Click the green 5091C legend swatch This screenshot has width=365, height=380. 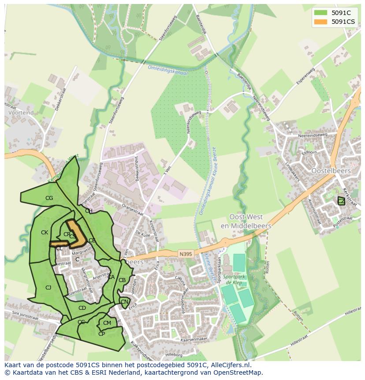click(321, 13)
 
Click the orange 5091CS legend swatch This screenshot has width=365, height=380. click(321, 22)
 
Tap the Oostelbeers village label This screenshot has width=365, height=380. click(331, 170)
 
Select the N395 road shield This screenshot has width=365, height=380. click(186, 254)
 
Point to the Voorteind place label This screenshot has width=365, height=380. click(21, 113)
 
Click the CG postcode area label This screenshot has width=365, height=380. click(49, 198)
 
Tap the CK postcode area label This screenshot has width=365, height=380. click(45, 233)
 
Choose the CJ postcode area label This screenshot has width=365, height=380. click(48, 287)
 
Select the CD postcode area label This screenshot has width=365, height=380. click(82, 308)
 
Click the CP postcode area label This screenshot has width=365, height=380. click(101, 334)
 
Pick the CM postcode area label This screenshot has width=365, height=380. click(107, 323)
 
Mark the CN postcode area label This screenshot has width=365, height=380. click(124, 302)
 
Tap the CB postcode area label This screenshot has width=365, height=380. click(122, 280)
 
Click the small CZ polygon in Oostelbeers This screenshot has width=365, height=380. click(341, 201)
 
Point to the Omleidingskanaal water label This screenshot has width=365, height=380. click(168, 70)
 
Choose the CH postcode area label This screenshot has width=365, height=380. click(89, 211)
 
